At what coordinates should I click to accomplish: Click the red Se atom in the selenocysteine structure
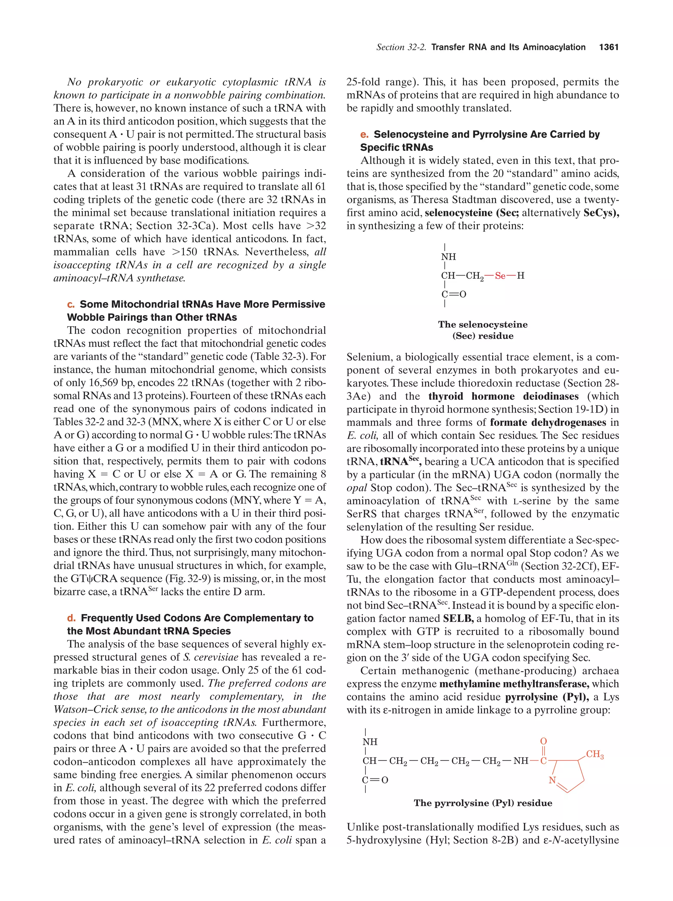tap(500, 276)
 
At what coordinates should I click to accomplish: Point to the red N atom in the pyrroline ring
tap(552, 780)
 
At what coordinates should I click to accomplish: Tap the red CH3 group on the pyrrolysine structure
tap(594, 754)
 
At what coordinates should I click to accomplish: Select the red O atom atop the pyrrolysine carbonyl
tap(543, 741)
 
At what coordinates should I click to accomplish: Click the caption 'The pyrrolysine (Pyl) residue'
tap(483, 803)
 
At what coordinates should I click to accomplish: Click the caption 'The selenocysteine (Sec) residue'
tap(483, 330)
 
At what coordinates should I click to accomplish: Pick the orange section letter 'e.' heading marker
tap(364, 134)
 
